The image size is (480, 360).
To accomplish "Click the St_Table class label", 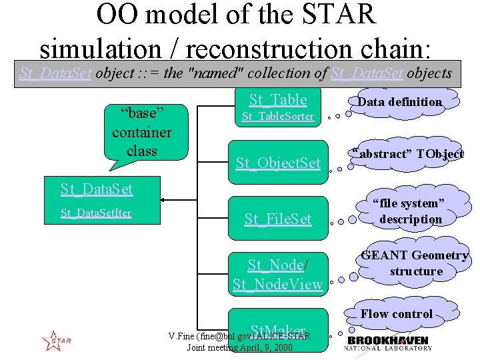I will tap(278, 100).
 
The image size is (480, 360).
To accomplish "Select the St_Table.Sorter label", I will tap(277, 117).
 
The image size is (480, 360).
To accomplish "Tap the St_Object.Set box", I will tap(278, 162).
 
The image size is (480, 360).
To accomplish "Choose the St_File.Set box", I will tap(278, 219).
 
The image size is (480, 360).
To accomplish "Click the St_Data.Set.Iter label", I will tap(96, 213).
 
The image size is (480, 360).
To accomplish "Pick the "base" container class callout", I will tap(141, 131).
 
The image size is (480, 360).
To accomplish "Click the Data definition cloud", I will tap(399, 102).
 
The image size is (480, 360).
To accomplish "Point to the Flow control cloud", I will tap(397, 314).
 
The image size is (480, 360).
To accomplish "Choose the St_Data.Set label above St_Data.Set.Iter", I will tap(97, 189).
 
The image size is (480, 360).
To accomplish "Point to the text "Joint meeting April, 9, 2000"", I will tap(239, 347).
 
